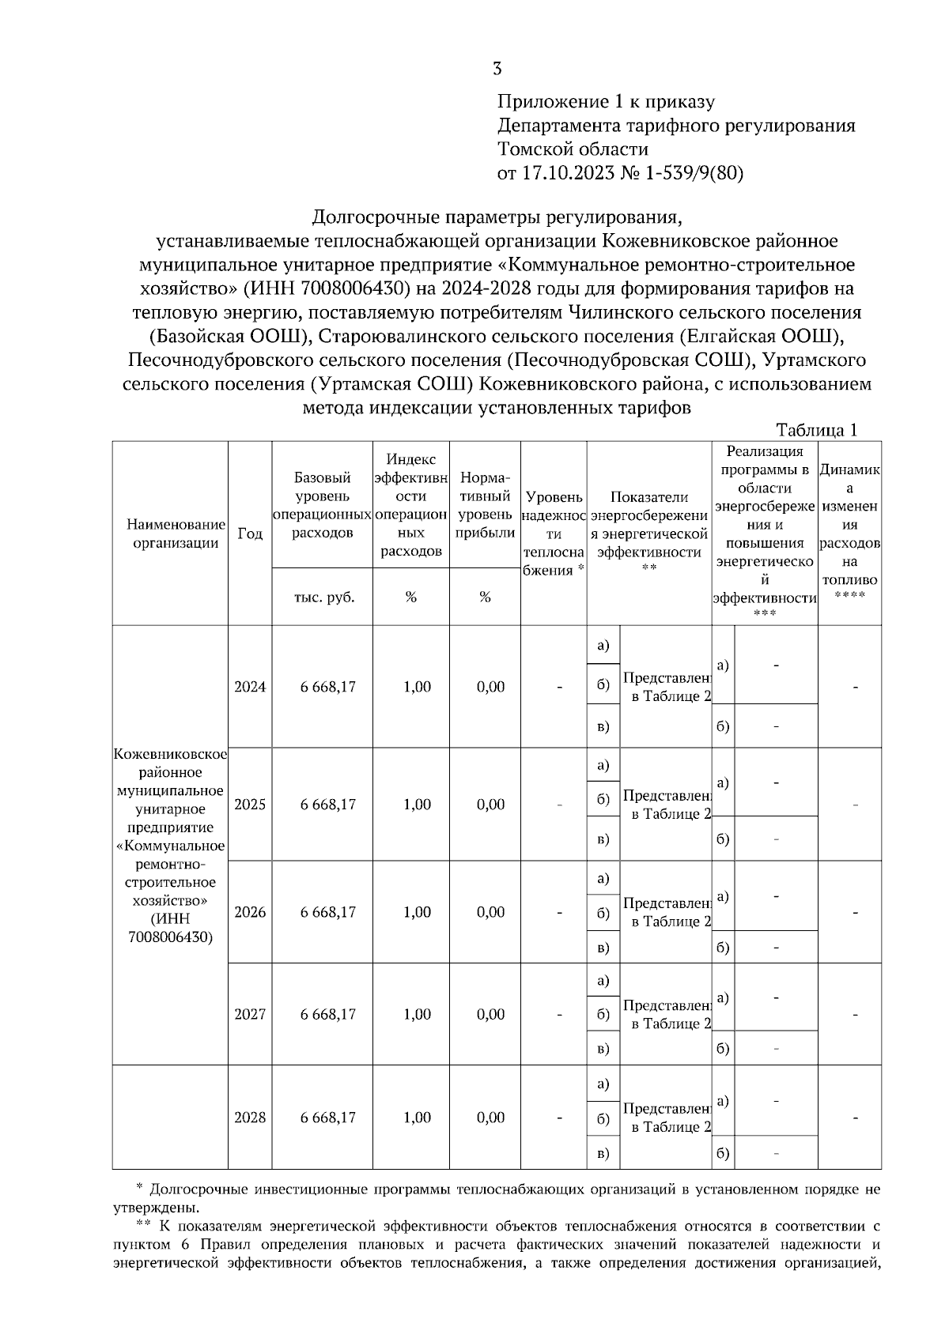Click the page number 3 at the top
(x=497, y=69)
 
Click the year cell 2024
(x=250, y=687)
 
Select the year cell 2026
(x=250, y=912)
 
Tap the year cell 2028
(x=250, y=1118)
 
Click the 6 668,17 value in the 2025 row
(x=327, y=805)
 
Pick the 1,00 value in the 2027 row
(x=417, y=1015)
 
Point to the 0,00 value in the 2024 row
(x=490, y=687)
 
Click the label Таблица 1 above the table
(x=817, y=430)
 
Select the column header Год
(x=250, y=533)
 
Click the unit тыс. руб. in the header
(x=323, y=597)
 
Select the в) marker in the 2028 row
(x=603, y=1154)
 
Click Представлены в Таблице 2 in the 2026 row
(x=667, y=912)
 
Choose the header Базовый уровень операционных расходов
(x=322, y=505)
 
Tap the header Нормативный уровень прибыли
(x=485, y=505)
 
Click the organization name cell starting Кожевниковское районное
(x=170, y=846)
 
